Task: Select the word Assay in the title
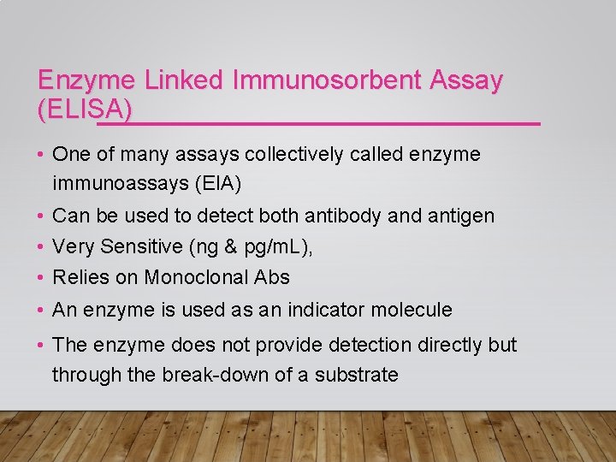point(467,81)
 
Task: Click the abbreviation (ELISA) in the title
point(86,109)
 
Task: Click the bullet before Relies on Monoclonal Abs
point(41,278)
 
